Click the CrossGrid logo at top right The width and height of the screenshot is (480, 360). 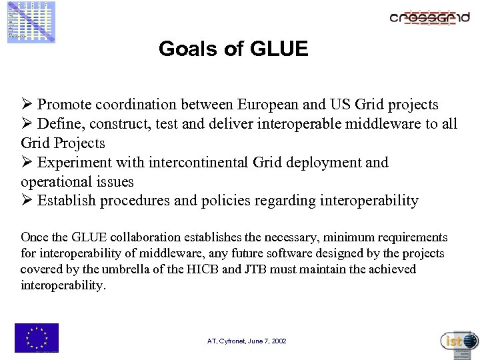pos(429,19)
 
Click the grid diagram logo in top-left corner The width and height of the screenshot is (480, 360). pos(31,22)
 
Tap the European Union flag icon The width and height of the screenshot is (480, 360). pos(37,337)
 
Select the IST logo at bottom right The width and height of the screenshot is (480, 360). pos(459,341)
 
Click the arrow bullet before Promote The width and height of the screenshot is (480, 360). pos(27,105)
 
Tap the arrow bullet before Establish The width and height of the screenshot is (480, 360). pos(27,201)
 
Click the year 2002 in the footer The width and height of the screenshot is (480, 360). pos(279,341)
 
